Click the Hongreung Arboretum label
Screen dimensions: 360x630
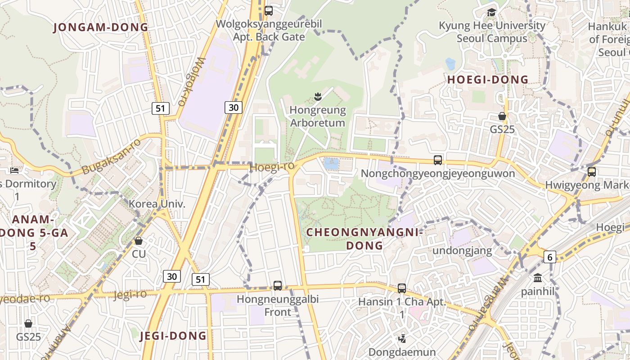click(318, 117)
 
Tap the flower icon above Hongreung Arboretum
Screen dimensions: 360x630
click(318, 96)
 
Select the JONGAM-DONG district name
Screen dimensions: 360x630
click(101, 27)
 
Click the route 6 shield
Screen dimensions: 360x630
click(550, 257)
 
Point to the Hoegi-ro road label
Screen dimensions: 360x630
click(272, 167)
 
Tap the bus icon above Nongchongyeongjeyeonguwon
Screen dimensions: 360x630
click(438, 160)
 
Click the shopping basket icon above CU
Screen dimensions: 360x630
click(139, 241)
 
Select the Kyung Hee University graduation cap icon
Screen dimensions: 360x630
click(491, 12)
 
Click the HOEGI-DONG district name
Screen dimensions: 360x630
click(488, 80)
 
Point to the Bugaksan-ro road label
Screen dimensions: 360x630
click(112, 157)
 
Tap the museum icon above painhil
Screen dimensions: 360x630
click(538, 278)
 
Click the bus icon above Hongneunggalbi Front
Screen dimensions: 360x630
click(278, 285)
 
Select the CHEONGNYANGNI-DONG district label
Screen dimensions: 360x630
click(364, 239)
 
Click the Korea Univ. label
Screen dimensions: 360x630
click(157, 204)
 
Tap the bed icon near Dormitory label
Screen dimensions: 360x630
click(14, 170)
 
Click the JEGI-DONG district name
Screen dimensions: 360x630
click(173, 336)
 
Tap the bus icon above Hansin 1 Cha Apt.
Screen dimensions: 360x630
click(402, 288)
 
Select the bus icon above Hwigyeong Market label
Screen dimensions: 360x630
click(592, 171)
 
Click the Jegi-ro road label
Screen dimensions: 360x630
click(130, 295)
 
